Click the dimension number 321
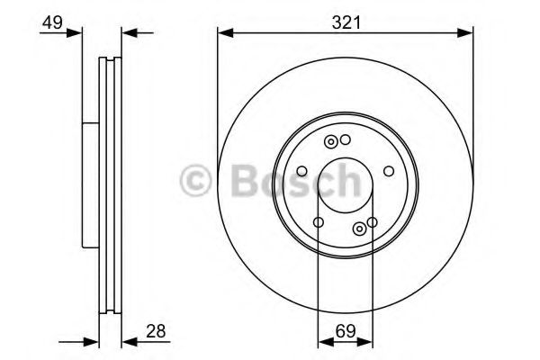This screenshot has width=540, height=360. (x=346, y=22)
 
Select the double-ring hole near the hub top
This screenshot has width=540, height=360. (x=332, y=141)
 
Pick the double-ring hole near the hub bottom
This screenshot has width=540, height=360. (x=360, y=228)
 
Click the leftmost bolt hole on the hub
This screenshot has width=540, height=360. (x=301, y=171)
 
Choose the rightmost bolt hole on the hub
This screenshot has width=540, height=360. (x=389, y=171)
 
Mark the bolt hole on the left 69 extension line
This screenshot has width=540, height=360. (x=319, y=222)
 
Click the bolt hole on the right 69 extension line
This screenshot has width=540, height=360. (x=372, y=222)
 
